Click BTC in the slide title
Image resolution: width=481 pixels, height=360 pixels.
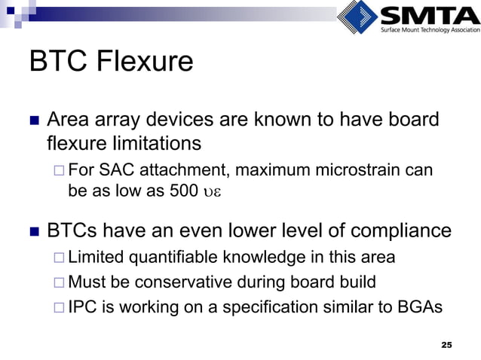tap(58, 62)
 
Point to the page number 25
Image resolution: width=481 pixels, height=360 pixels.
tap(446, 344)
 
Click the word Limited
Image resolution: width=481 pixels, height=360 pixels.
tap(95, 258)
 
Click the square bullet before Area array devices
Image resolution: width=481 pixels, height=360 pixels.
tap(33, 121)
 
